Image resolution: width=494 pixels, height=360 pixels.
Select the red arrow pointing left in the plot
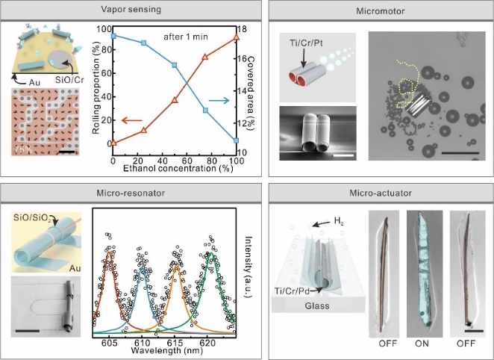pos(131,120)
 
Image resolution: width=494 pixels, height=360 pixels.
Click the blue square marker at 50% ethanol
pos(175,66)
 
